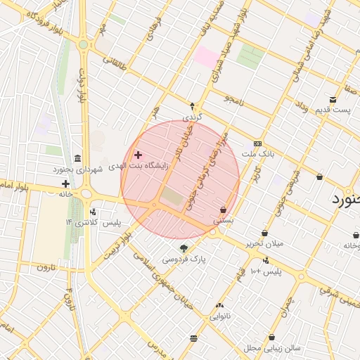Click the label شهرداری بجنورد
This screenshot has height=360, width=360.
77,170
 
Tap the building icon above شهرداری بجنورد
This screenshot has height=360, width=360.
77,157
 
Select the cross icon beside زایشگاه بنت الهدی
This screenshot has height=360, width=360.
138,154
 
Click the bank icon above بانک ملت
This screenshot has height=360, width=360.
257,143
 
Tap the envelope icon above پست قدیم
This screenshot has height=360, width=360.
333,99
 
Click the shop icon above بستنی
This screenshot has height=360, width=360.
224,210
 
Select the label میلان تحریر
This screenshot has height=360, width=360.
264,243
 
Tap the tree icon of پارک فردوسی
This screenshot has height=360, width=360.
184,248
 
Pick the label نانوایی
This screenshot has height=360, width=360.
220,316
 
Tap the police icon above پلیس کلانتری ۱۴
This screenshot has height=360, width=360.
93,212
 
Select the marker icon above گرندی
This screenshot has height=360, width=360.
193,105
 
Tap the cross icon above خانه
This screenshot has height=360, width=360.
65,184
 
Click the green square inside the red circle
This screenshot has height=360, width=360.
171,196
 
